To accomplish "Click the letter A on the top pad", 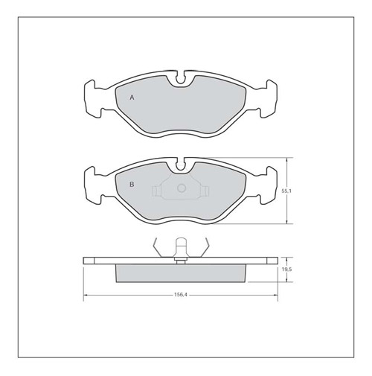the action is click(x=132, y=98).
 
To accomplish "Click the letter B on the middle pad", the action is click(x=132, y=185).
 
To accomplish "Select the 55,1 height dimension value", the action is click(x=286, y=191).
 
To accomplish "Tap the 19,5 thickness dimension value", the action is click(x=286, y=270).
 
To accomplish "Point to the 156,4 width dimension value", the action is click(x=180, y=295).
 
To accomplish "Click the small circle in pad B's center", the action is click(x=182, y=188).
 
